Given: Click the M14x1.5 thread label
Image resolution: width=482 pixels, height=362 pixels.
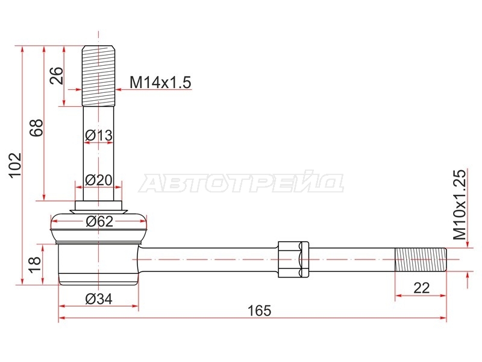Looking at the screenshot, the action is pos(160,83).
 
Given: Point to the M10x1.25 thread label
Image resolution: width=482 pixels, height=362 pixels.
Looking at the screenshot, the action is pos(460,205).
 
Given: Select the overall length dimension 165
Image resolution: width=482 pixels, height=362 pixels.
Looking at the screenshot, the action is pos(260,311).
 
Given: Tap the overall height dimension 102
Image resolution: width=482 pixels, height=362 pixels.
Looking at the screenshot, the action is pos(15,165).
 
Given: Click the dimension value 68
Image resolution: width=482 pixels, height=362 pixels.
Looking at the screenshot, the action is pos(36,127).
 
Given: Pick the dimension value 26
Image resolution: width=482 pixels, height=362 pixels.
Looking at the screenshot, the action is pos(57,75).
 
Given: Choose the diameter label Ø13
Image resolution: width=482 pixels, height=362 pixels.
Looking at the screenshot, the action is pos(99,135).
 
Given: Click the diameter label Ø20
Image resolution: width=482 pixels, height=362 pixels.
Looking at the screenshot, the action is pos(99,180).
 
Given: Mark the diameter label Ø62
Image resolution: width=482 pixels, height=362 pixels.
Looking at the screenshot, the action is pos(99,221).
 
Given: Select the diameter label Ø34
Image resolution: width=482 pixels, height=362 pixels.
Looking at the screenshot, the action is pos(99,299).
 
